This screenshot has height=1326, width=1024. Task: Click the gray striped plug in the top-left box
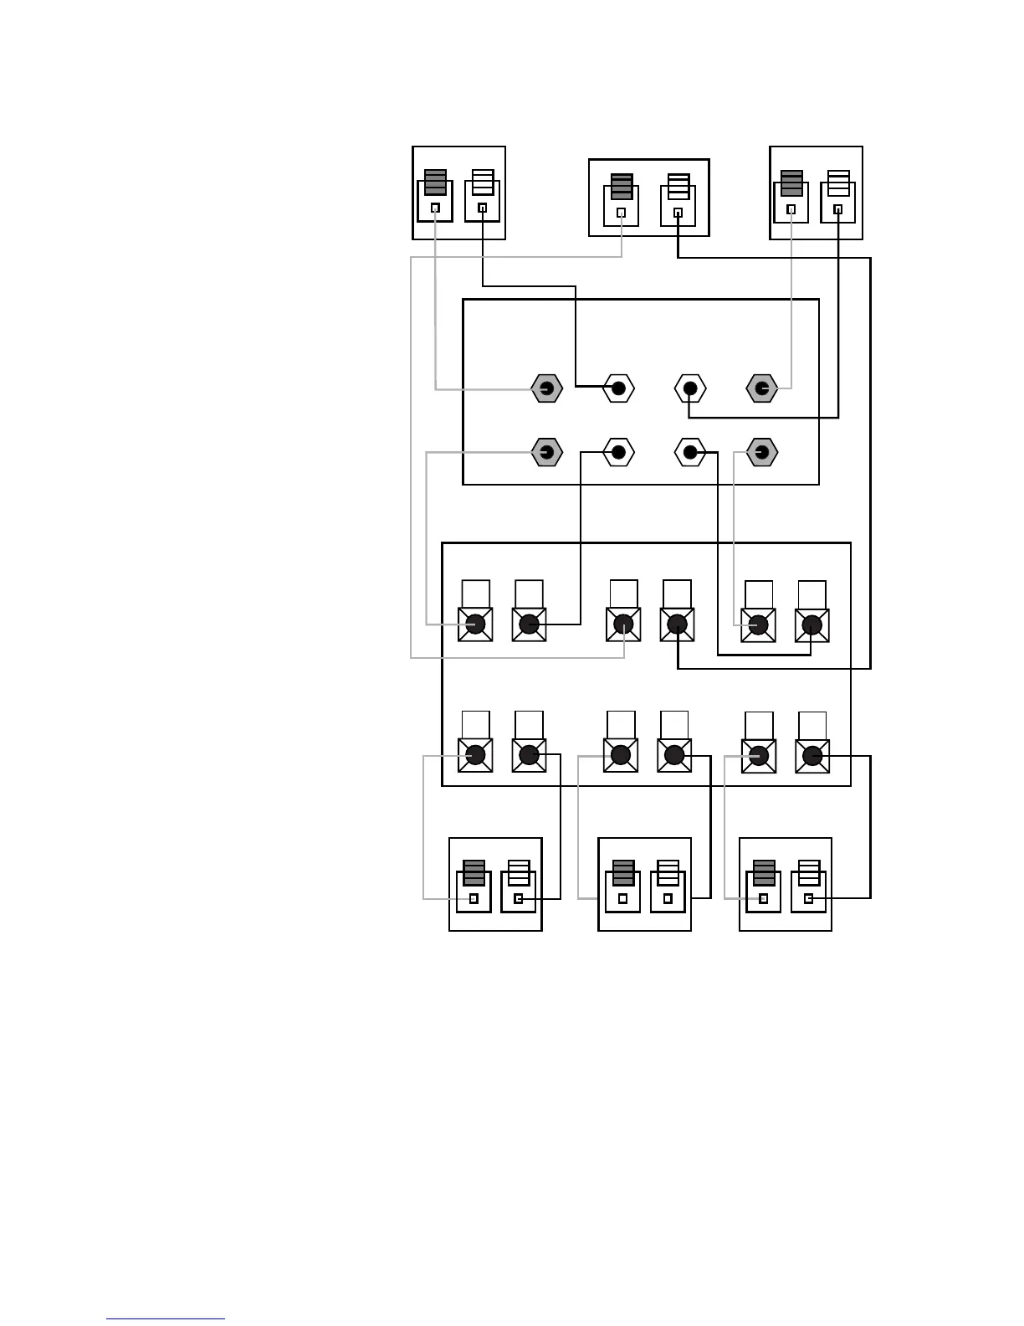point(435,182)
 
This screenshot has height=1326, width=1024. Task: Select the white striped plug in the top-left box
point(483,182)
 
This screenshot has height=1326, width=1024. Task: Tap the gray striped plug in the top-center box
point(622,186)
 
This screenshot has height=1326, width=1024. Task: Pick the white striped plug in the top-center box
point(678,186)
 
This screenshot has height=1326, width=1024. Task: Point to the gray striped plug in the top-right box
point(791,183)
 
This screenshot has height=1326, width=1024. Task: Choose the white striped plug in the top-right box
point(838,183)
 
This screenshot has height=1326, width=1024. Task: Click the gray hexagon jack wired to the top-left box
point(546,388)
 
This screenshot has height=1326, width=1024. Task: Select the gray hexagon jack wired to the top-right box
point(761,388)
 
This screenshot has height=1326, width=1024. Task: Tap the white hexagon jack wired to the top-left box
point(618,388)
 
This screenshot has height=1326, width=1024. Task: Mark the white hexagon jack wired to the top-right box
point(690,388)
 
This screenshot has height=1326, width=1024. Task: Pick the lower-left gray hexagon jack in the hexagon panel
point(546,453)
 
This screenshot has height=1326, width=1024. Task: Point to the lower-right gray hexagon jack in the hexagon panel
point(761,453)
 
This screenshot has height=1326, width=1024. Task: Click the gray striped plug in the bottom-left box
point(474,873)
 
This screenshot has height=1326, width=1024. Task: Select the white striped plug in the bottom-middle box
point(668,873)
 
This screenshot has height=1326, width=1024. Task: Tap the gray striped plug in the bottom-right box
point(764,873)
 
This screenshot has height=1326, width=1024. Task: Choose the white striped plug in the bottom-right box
point(809,873)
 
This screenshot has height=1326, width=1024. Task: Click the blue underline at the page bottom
point(166,1319)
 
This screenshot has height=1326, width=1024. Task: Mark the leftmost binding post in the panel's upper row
point(475,624)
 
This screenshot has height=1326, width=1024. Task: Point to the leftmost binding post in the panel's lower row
point(475,755)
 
